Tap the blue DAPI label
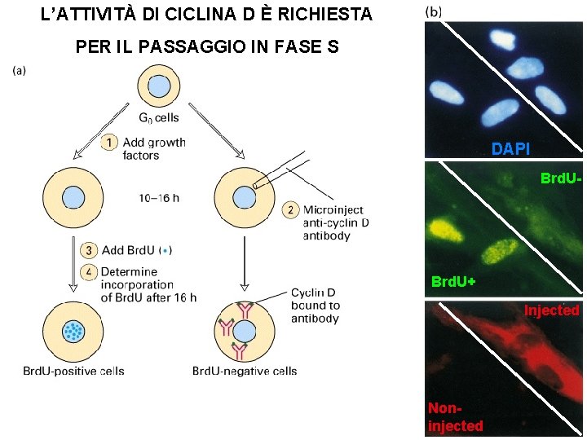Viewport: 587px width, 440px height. click(510, 148)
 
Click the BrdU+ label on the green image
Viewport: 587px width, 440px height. click(453, 282)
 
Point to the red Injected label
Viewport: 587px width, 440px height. click(551, 310)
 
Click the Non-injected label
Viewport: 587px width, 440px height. click(455, 416)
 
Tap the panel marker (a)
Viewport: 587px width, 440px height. click(20, 70)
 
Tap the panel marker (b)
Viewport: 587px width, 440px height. click(435, 12)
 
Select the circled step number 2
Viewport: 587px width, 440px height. click(290, 210)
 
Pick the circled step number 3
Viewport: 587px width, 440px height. click(90, 249)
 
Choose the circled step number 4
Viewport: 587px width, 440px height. click(90, 271)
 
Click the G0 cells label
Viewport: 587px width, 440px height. click(158, 118)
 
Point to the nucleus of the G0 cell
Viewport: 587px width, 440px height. click(158, 86)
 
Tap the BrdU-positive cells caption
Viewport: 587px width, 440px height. click(73, 372)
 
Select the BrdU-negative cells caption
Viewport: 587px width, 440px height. click(245, 372)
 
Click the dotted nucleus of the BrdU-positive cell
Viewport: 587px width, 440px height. click(73, 332)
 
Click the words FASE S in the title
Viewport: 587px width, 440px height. click(300, 46)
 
